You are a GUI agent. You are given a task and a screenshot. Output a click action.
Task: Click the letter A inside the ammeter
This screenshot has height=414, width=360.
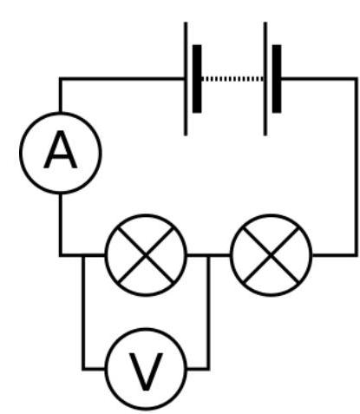tap(61, 149)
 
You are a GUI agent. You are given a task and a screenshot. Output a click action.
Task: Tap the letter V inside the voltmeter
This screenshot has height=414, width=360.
tap(146, 371)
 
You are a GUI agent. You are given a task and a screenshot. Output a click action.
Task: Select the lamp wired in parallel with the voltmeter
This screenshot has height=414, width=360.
tap(146, 255)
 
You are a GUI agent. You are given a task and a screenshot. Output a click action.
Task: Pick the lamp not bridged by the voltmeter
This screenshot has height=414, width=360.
tap(271, 255)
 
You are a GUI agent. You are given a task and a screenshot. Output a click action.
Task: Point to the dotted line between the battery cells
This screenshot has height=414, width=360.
tap(232, 79)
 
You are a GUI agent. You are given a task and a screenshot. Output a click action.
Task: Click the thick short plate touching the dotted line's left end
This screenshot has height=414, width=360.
tap(197, 79)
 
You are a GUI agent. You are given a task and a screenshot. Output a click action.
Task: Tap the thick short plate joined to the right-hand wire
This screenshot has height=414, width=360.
tap(277, 79)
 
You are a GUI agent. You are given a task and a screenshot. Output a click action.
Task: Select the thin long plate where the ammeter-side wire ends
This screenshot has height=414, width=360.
tap(186, 79)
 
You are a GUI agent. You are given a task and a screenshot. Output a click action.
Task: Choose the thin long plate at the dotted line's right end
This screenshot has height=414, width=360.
tap(265, 79)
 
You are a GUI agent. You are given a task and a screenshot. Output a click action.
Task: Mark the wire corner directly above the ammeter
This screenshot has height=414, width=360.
tap(61, 79)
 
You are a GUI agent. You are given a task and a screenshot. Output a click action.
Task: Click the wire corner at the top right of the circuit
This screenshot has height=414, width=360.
tap(356, 79)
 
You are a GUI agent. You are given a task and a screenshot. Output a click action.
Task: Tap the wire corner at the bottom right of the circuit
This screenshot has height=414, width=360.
tap(356, 255)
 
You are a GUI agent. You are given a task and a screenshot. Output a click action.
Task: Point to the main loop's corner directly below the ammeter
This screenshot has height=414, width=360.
tap(61, 255)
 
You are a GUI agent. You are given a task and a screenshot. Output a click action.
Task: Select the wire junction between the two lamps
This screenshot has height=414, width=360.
tap(208, 255)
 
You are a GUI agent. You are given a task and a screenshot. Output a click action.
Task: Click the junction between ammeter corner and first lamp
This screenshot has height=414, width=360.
tap(83, 255)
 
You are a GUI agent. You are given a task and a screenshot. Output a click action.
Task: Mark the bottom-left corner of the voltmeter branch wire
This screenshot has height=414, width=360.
tap(83, 369)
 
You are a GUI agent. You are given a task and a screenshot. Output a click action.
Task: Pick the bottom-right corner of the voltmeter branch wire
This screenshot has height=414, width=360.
tap(208, 369)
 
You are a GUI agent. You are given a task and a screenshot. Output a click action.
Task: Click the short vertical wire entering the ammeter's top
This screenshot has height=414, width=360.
tap(61, 95)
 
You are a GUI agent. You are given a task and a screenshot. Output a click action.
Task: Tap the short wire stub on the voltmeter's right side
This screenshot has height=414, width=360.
tap(198, 369)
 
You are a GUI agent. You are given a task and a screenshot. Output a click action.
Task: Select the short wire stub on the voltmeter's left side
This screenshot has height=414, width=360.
tap(94, 369)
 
